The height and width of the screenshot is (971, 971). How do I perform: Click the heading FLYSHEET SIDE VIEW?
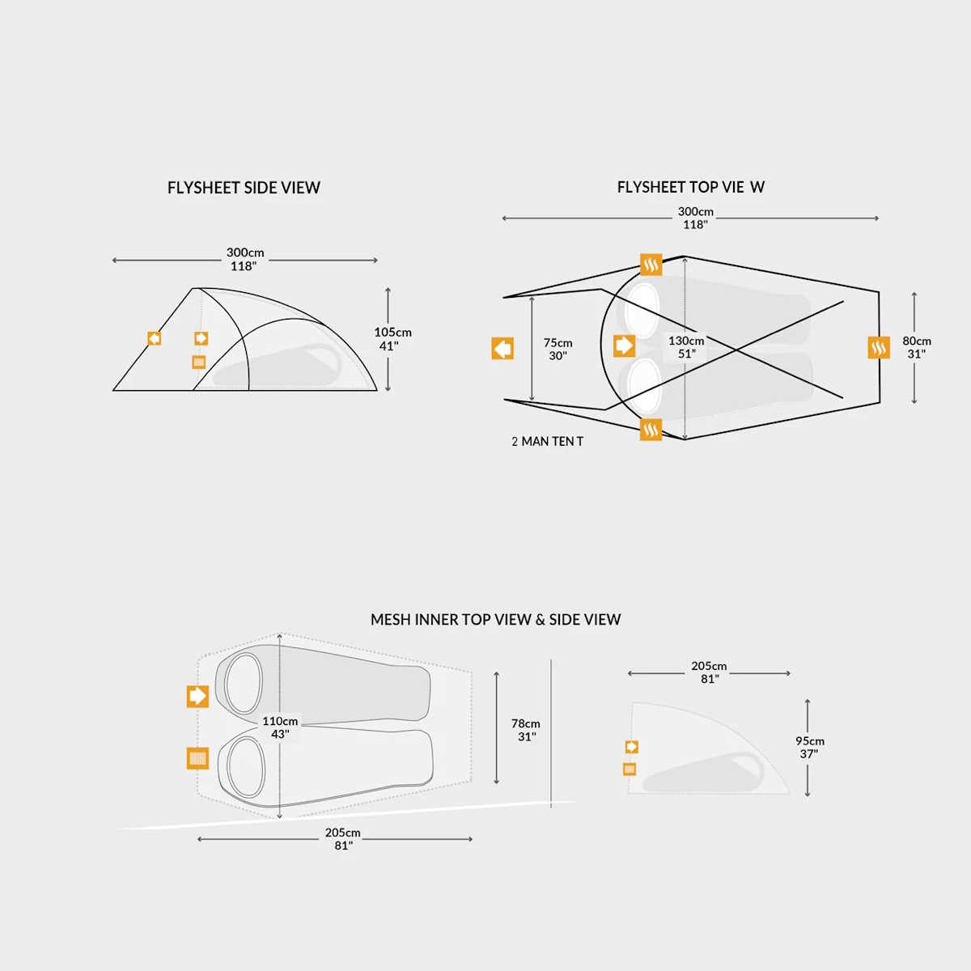(x=244, y=188)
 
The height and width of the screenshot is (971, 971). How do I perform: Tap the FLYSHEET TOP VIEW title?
(x=690, y=187)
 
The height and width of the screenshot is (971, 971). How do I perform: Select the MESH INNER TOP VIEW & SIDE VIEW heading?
(x=495, y=620)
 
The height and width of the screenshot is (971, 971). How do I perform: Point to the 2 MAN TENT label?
(x=547, y=442)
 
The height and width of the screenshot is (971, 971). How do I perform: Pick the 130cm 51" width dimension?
(x=686, y=347)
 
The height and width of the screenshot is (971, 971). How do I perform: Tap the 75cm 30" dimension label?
(x=558, y=350)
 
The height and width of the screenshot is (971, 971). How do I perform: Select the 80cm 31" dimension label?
(x=917, y=347)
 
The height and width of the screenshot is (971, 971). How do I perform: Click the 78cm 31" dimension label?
(x=526, y=730)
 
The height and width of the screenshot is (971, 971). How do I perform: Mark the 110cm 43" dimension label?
(x=280, y=727)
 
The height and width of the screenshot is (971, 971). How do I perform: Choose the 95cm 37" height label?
(x=809, y=747)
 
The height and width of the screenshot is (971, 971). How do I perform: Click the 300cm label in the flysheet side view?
(x=244, y=259)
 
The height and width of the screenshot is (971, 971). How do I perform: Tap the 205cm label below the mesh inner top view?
(x=343, y=838)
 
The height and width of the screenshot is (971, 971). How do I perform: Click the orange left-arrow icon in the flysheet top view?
(x=502, y=349)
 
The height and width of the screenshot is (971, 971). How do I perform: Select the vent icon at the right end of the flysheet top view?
(x=878, y=348)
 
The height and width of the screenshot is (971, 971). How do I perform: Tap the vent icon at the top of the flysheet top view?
(x=651, y=265)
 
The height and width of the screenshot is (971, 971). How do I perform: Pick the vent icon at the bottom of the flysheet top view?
(x=651, y=430)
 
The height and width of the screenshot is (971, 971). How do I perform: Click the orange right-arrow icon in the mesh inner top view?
(x=197, y=696)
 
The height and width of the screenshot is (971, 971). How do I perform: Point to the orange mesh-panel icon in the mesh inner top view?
(x=197, y=758)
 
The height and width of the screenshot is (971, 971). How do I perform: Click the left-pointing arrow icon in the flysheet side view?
(x=154, y=338)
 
